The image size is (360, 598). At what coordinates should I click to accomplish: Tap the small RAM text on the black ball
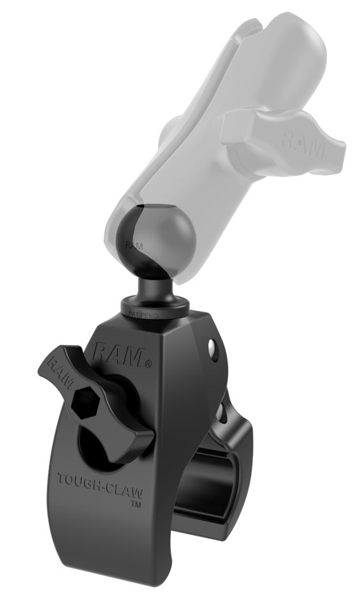point(133,244)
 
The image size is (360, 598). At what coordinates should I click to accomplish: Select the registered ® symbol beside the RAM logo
point(148,364)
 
